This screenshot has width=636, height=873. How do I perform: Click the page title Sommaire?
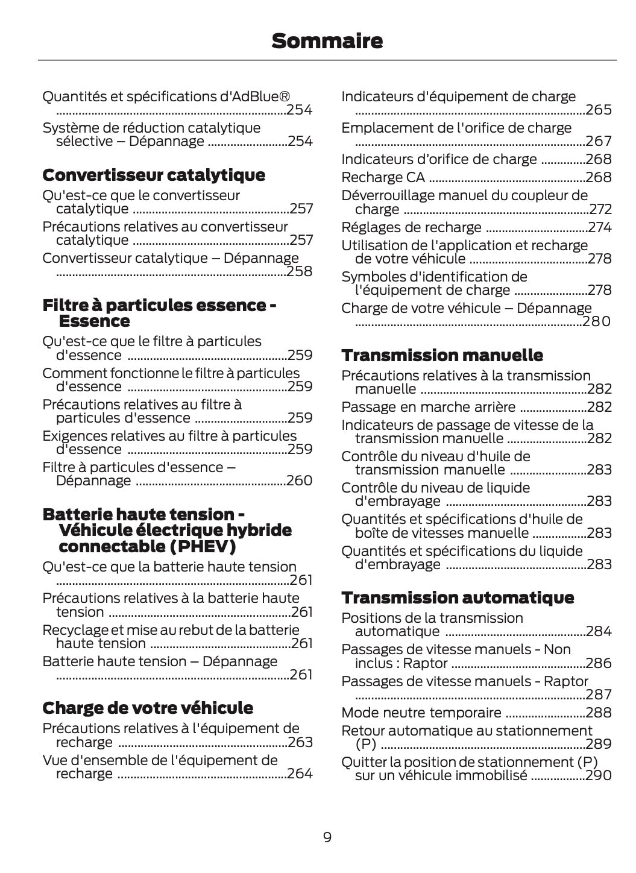(x=327, y=41)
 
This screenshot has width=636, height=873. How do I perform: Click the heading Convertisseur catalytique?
(x=154, y=175)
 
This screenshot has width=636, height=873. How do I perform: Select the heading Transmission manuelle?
(x=442, y=355)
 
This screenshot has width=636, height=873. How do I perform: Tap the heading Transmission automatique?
(x=458, y=597)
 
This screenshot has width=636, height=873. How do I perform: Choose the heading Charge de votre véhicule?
(x=148, y=708)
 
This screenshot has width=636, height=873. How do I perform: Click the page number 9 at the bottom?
(x=327, y=837)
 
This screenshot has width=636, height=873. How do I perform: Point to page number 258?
(x=300, y=271)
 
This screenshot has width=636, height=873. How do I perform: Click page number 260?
(x=300, y=481)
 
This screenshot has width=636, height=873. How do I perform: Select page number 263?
(x=300, y=742)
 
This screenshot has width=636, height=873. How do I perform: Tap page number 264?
(x=300, y=774)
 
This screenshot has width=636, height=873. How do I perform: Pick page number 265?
(x=599, y=110)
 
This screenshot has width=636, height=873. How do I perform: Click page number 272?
(x=600, y=209)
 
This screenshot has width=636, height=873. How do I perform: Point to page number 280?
(x=597, y=321)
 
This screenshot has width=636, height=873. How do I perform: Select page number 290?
(x=599, y=775)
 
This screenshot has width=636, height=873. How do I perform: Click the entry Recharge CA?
(x=383, y=177)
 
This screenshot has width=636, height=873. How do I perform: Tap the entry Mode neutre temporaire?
(x=421, y=713)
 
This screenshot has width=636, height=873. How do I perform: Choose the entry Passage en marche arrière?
(x=428, y=407)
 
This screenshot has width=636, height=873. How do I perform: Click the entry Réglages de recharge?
(x=411, y=227)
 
